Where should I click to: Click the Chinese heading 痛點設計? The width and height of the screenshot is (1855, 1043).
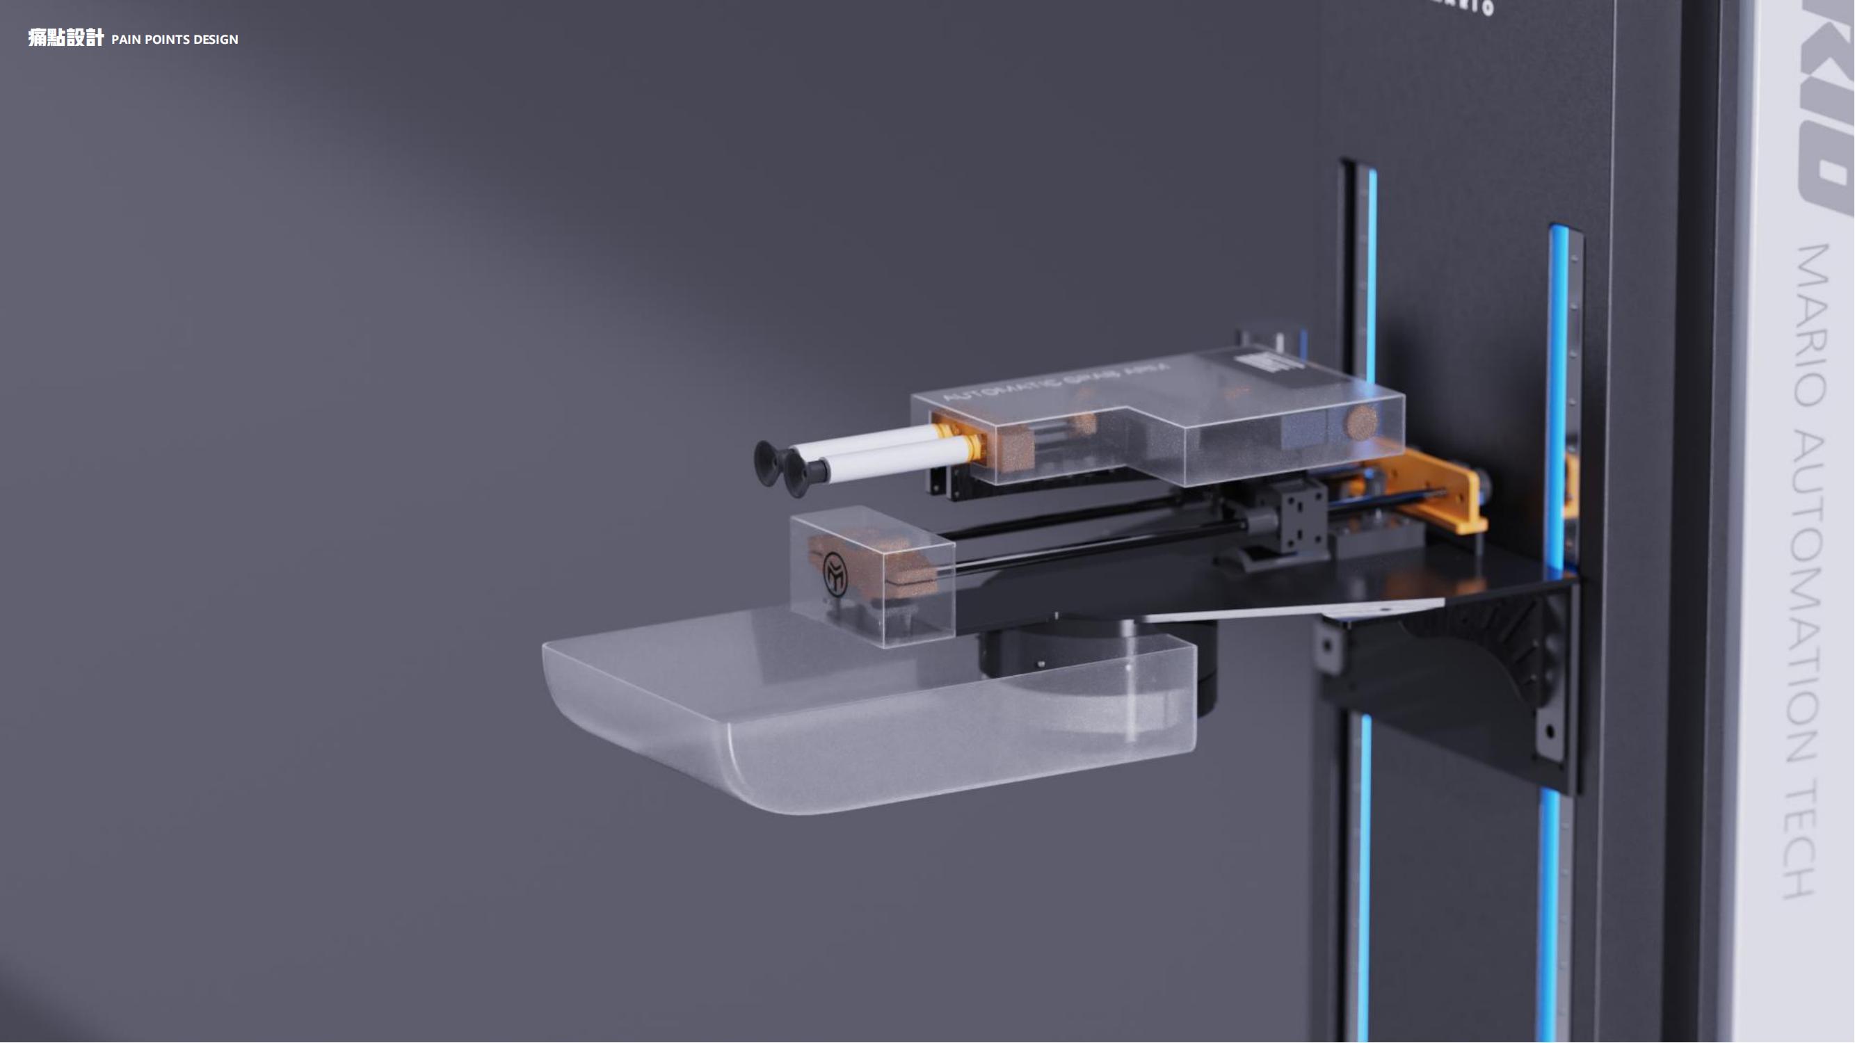(x=65, y=38)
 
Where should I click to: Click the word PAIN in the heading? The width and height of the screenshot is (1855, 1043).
(x=126, y=40)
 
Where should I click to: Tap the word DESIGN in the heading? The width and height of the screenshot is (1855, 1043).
(x=216, y=40)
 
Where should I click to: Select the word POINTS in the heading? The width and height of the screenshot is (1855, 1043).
(x=166, y=40)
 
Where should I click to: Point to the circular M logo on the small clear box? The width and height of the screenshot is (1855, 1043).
(x=835, y=574)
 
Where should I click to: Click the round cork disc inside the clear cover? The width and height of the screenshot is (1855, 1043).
(x=1360, y=421)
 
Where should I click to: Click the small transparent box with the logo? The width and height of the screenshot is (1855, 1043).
(x=872, y=576)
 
